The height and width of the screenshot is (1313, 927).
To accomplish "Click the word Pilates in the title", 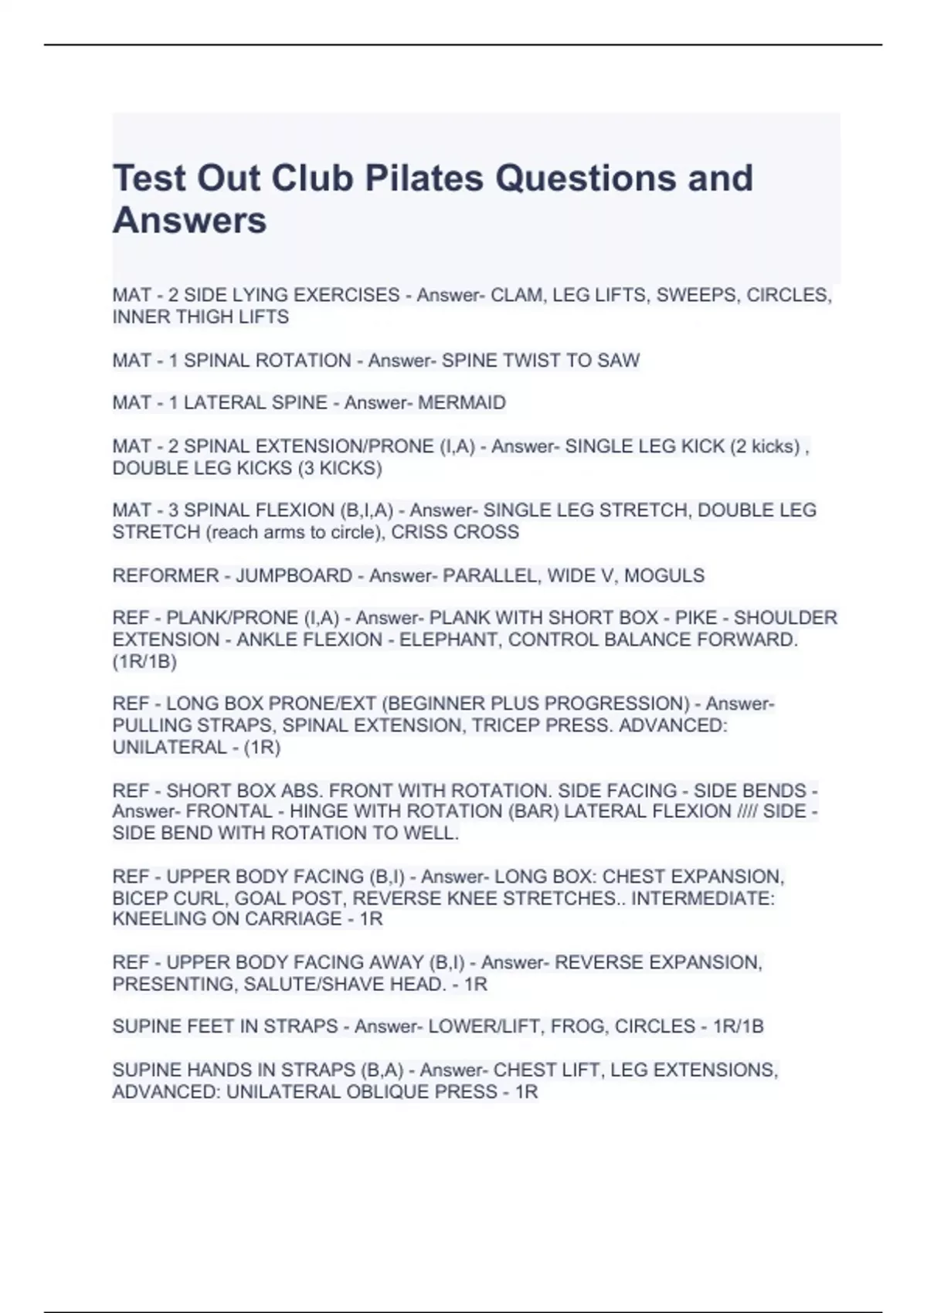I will click(423, 178).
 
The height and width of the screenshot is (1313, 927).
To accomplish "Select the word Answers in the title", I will click(189, 221).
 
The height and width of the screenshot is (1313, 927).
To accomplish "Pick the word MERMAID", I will click(462, 402).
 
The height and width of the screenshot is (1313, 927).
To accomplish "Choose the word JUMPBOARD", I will click(294, 575).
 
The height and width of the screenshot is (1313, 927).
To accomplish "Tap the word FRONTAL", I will click(229, 812).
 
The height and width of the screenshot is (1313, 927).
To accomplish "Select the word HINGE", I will click(317, 812).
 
